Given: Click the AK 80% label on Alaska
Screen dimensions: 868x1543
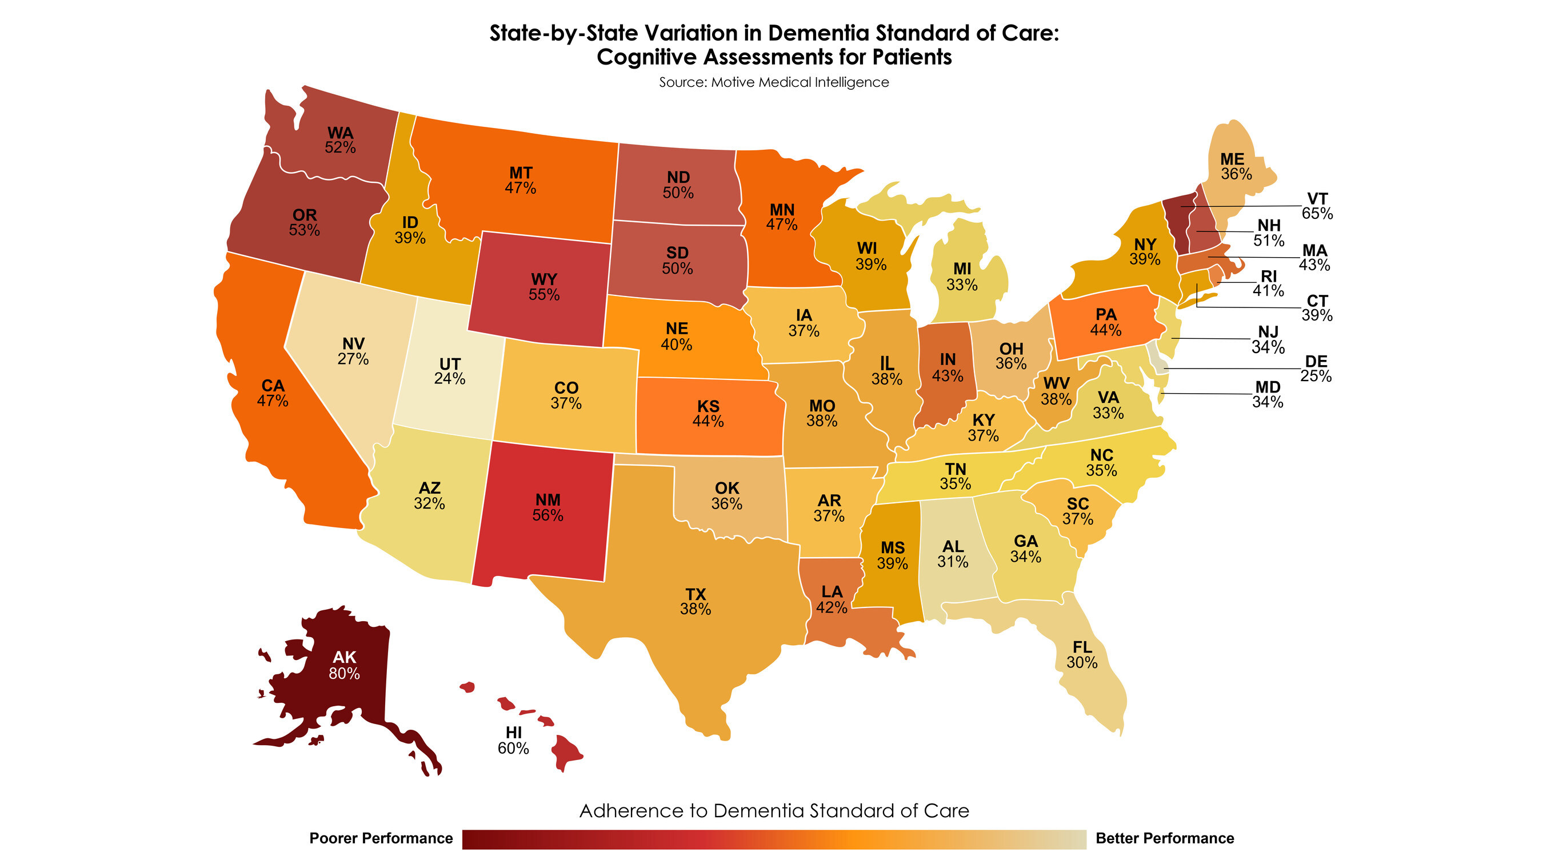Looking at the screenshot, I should (344, 666).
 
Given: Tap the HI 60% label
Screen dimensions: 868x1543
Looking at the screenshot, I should (513, 741).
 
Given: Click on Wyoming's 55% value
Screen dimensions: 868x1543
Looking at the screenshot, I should (544, 295).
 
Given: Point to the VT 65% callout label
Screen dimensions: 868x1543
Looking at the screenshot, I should (1317, 206).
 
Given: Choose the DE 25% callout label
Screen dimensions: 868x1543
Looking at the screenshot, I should (1316, 369).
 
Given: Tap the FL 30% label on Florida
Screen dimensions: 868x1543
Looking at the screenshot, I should (1082, 655).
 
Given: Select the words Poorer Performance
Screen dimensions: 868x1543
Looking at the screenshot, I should (381, 838).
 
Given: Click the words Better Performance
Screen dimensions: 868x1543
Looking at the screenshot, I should (1165, 838).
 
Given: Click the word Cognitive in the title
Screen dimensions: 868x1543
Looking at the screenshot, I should (646, 58).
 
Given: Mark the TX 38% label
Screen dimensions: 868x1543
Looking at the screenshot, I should (695, 602).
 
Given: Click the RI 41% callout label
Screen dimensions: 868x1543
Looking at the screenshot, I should (1268, 283).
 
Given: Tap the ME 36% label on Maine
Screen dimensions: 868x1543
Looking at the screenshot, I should (1236, 166).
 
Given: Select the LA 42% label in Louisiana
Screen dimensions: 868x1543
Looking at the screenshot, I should (832, 599).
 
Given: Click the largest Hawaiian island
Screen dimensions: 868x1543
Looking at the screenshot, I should (564, 753).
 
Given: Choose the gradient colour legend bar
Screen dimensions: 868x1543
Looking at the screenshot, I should (774, 839).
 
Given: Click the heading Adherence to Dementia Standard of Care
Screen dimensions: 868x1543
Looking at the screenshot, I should (774, 810).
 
